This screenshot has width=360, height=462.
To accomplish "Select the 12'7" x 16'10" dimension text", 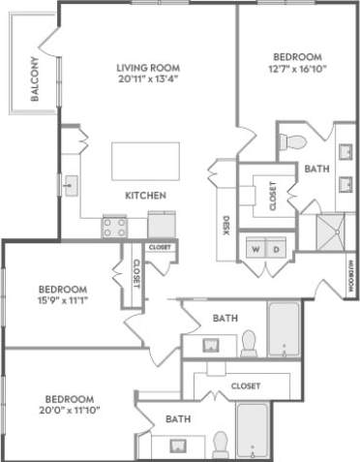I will pos(295,69).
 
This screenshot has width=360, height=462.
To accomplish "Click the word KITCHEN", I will pos(146,196).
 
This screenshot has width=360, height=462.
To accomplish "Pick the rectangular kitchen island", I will pos(145,161).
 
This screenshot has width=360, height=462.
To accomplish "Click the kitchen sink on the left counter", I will pos(71,182).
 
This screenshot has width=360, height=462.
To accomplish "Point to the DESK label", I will pos(225,226).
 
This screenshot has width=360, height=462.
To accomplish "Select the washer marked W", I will pos(256,249).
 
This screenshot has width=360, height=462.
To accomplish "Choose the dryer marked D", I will pos(275,249).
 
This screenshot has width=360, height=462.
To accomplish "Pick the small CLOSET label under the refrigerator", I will pos(160,248).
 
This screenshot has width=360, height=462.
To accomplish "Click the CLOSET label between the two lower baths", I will pos(246,385).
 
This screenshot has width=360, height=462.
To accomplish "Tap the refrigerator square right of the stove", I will pos(161,224).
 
